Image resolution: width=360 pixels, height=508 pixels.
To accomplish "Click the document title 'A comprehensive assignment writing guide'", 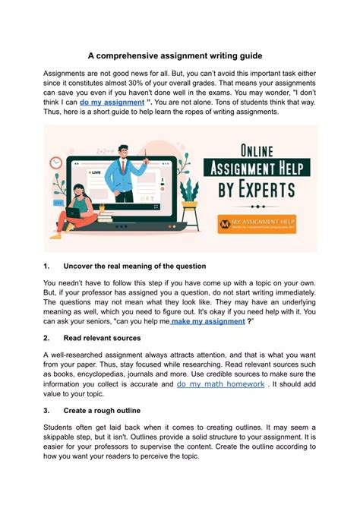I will [179, 55].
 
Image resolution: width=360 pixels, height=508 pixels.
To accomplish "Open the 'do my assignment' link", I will [112, 102].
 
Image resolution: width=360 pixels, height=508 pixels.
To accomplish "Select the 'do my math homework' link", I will [220, 385].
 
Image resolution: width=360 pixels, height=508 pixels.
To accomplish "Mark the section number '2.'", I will [47, 338].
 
